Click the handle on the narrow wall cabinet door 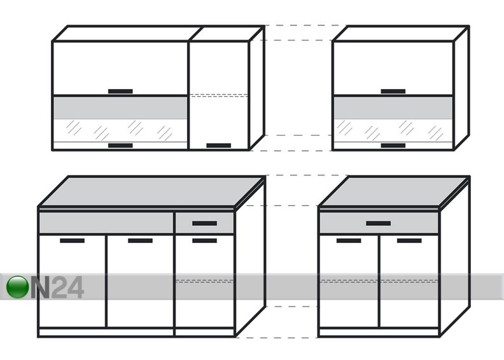pos(218,146)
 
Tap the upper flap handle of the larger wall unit pos(120,91)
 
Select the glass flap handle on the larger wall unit pos(120,146)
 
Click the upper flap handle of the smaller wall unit pos(393,91)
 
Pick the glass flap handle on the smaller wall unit pos(393,146)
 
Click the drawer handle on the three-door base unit pos(205,223)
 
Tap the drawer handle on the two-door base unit pos(379,223)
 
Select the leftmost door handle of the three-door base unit pos(73,240)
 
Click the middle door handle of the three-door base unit pos(141,240)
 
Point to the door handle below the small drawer pos(205,240)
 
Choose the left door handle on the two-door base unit pos(349,240)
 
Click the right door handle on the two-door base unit pos(409,240)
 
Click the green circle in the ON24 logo pos(17,287)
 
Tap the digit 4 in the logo pos(74,287)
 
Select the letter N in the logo pos(40,287)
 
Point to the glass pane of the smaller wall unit pos(393,130)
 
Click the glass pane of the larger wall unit pos(120,130)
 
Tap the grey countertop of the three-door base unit pos(151,191)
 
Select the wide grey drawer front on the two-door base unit pos(379,223)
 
